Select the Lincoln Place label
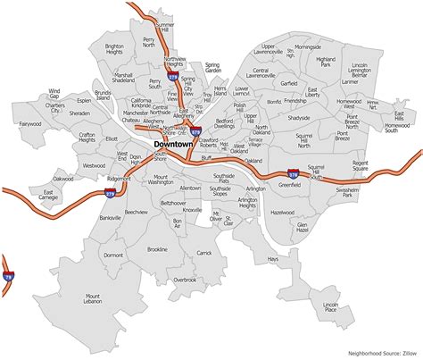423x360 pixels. coord(332,308)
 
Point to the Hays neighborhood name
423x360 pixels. coord(274,259)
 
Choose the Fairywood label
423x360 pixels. coord(29,124)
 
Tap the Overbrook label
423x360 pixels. coord(184,279)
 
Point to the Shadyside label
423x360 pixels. coord(299,118)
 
